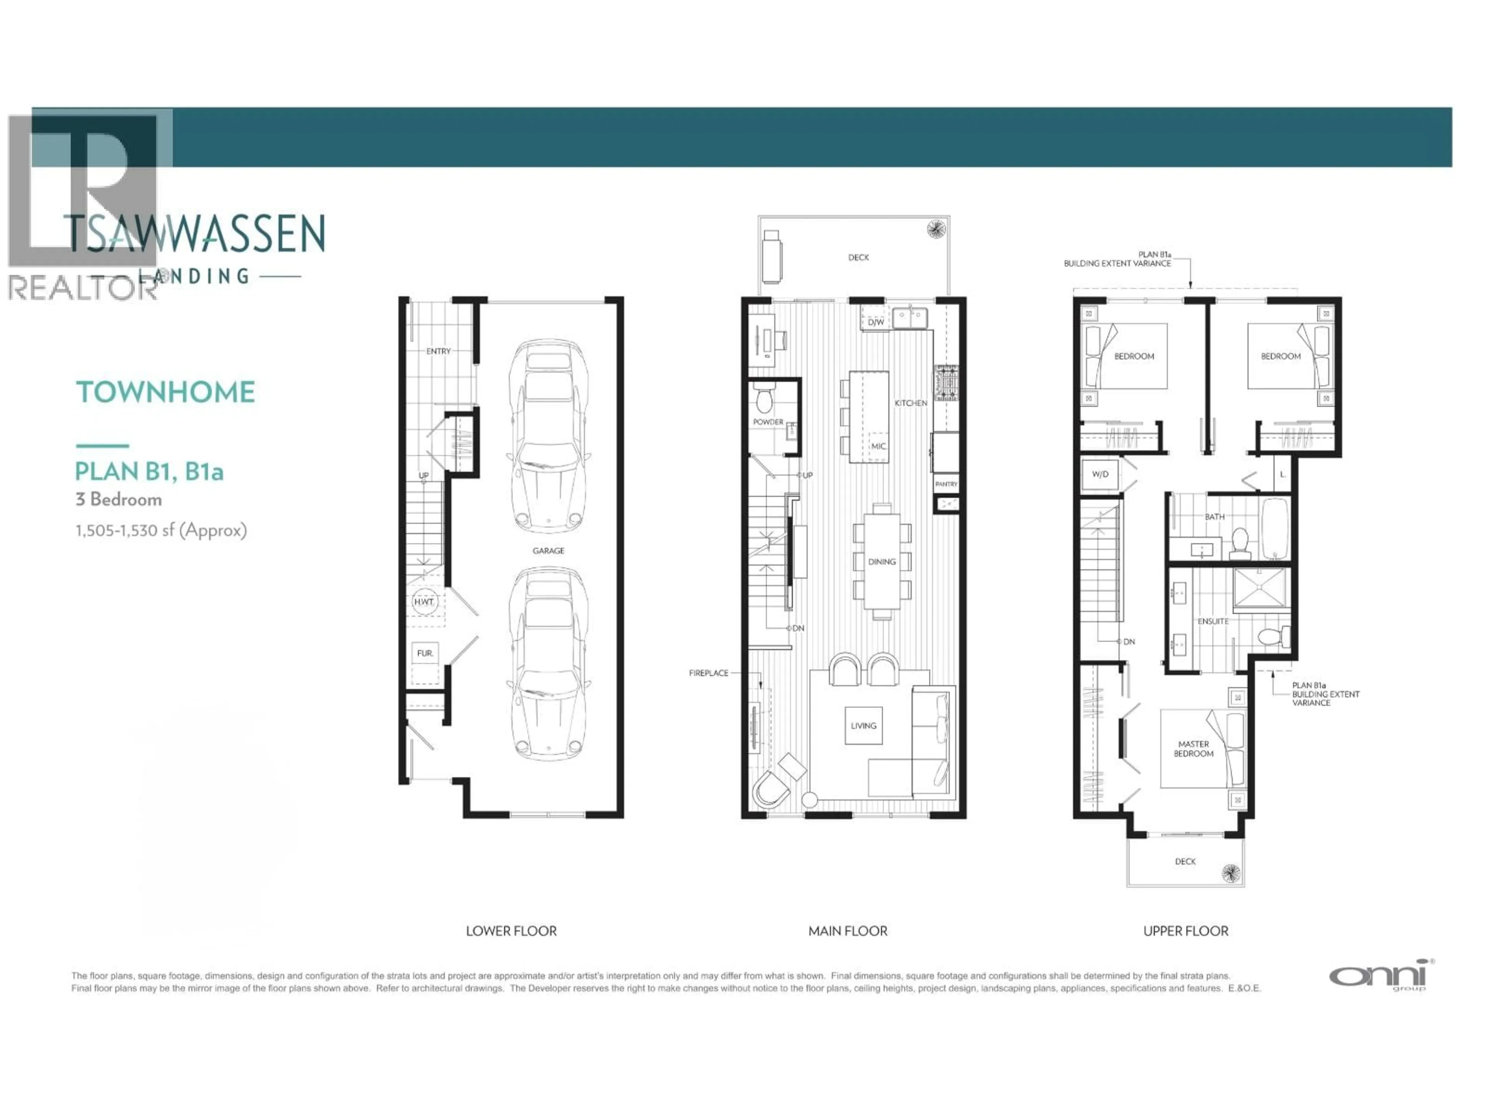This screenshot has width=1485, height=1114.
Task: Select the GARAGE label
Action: point(548,551)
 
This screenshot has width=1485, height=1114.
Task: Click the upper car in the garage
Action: point(548,436)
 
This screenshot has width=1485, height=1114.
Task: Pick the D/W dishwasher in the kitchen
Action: point(876,322)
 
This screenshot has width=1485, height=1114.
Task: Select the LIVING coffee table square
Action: point(863,726)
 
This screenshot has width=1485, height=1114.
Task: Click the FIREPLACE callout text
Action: point(708,673)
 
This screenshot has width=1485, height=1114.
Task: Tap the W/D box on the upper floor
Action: point(1100,475)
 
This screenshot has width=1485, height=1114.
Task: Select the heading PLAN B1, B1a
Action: point(149,472)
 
